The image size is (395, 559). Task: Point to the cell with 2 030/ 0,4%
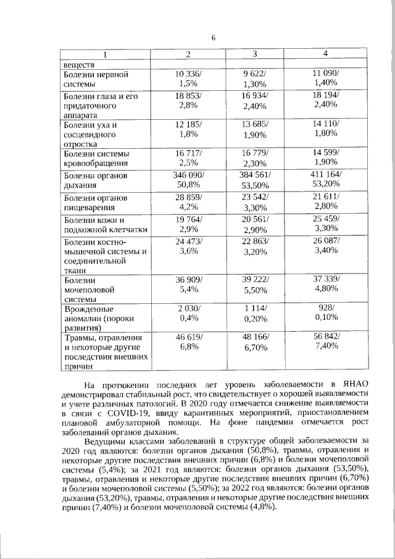[188, 313]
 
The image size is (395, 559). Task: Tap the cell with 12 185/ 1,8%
[188, 130]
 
